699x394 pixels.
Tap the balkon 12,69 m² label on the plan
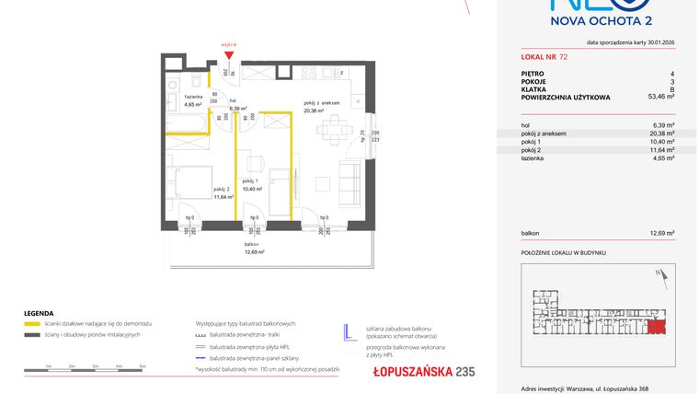click(255, 248)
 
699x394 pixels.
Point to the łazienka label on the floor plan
click(193, 100)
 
